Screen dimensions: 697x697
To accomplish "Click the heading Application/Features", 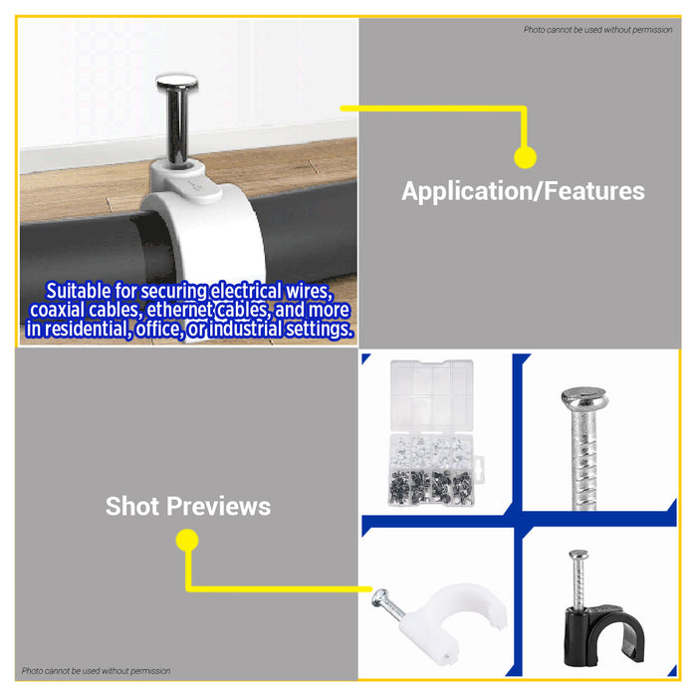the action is [523, 191].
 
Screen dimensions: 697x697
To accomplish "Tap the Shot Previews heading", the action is [188, 506].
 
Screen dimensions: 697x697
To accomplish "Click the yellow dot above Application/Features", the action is [525, 157].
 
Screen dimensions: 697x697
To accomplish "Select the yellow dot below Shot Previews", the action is [187, 540].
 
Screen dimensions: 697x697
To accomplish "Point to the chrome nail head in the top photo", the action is [177, 82].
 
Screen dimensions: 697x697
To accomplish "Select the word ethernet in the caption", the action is [180, 311].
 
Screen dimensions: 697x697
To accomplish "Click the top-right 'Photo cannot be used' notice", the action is [597, 30].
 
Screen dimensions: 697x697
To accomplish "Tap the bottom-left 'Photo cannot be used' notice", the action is [96, 671].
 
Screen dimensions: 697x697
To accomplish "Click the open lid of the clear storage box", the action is [431, 394].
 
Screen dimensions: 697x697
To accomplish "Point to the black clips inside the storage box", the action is [431, 488].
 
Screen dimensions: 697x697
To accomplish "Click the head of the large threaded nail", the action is [584, 398].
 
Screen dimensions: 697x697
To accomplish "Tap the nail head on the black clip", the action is [579, 555].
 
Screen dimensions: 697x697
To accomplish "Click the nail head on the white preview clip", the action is [380, 597].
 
